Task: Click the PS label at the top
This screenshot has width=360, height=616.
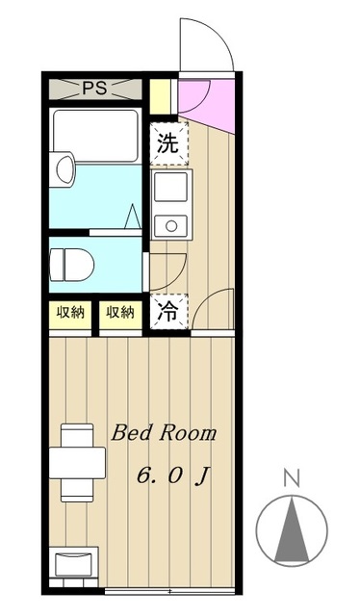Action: [93, 90]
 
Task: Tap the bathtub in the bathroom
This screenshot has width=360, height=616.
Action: [96, 134]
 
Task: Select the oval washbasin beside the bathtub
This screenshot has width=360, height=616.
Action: [64, 171]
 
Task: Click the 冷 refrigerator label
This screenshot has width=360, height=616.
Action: [167, 311]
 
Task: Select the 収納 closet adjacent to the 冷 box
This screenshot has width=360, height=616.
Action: [120, 312]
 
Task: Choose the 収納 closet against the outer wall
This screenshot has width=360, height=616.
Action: [69, 312]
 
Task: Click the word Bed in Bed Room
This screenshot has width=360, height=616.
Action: [129, 433]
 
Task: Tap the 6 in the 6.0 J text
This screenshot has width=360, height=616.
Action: [145, 475]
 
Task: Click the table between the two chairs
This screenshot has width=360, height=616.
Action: [77, 463]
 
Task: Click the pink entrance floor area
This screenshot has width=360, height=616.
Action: [200, 97]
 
